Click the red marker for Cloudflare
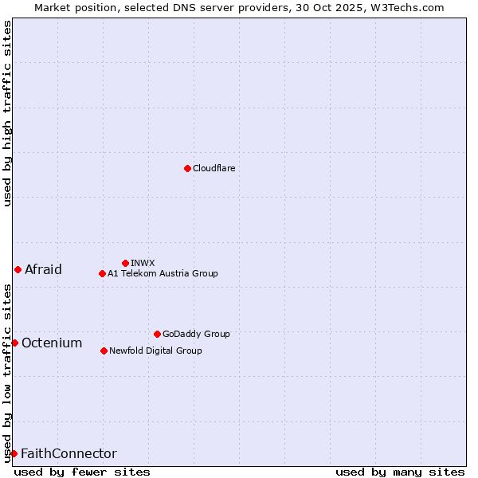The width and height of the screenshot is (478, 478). click(x=187, y=168)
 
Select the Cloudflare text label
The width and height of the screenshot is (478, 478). click(x=214, y=169)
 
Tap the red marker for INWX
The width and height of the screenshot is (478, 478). click(x=125, y=263)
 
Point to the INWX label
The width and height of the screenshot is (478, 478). click(x=143, y=264)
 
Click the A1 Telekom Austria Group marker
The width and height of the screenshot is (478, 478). click(x=102, y=273)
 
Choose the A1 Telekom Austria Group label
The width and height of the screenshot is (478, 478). click(x=163, y=274)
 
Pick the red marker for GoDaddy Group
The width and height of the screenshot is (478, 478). click(x=157, y=334)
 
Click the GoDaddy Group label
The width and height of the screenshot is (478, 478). click(x=196, y=335)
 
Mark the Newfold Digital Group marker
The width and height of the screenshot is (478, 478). click(x=104, y=351)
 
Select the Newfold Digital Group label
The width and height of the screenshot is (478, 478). click(x=155, y=351)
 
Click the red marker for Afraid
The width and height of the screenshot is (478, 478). click(x=18, y=269)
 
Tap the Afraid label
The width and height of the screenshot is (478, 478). click(x=43, y=270)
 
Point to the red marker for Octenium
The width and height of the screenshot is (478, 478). click(x=14, y=343)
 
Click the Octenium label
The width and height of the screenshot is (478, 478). click(x=52, y=343)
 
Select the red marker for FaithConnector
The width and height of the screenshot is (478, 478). click(x=14, y=453)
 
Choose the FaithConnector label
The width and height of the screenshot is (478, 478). click(x=69, y=454)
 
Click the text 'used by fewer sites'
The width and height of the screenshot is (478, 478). click(x=82, y=472)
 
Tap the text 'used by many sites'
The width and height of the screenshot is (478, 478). click(x=400, y=472)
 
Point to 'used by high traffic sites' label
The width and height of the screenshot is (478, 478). click(x=7, y=113)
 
